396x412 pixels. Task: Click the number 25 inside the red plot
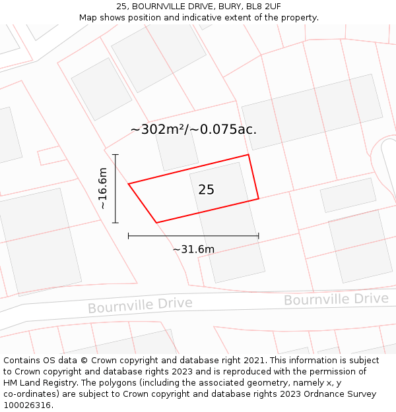click(206, 190)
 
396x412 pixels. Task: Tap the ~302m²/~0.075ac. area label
click(193, 129)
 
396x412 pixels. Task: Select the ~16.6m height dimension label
click(103, 189)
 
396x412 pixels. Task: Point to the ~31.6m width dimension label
click(193, 249)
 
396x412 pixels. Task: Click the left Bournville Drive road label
click(140, 305)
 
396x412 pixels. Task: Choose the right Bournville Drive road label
click(336, 299)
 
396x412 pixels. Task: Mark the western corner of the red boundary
click(129, 184)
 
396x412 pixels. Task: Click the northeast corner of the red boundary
click(248, 155)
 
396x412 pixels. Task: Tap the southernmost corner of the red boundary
click(156, 223)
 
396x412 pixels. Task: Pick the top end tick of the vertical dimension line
click(115, 155)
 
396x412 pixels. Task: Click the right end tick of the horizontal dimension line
click(258, 235)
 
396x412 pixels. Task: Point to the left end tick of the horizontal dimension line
click(129, 235)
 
